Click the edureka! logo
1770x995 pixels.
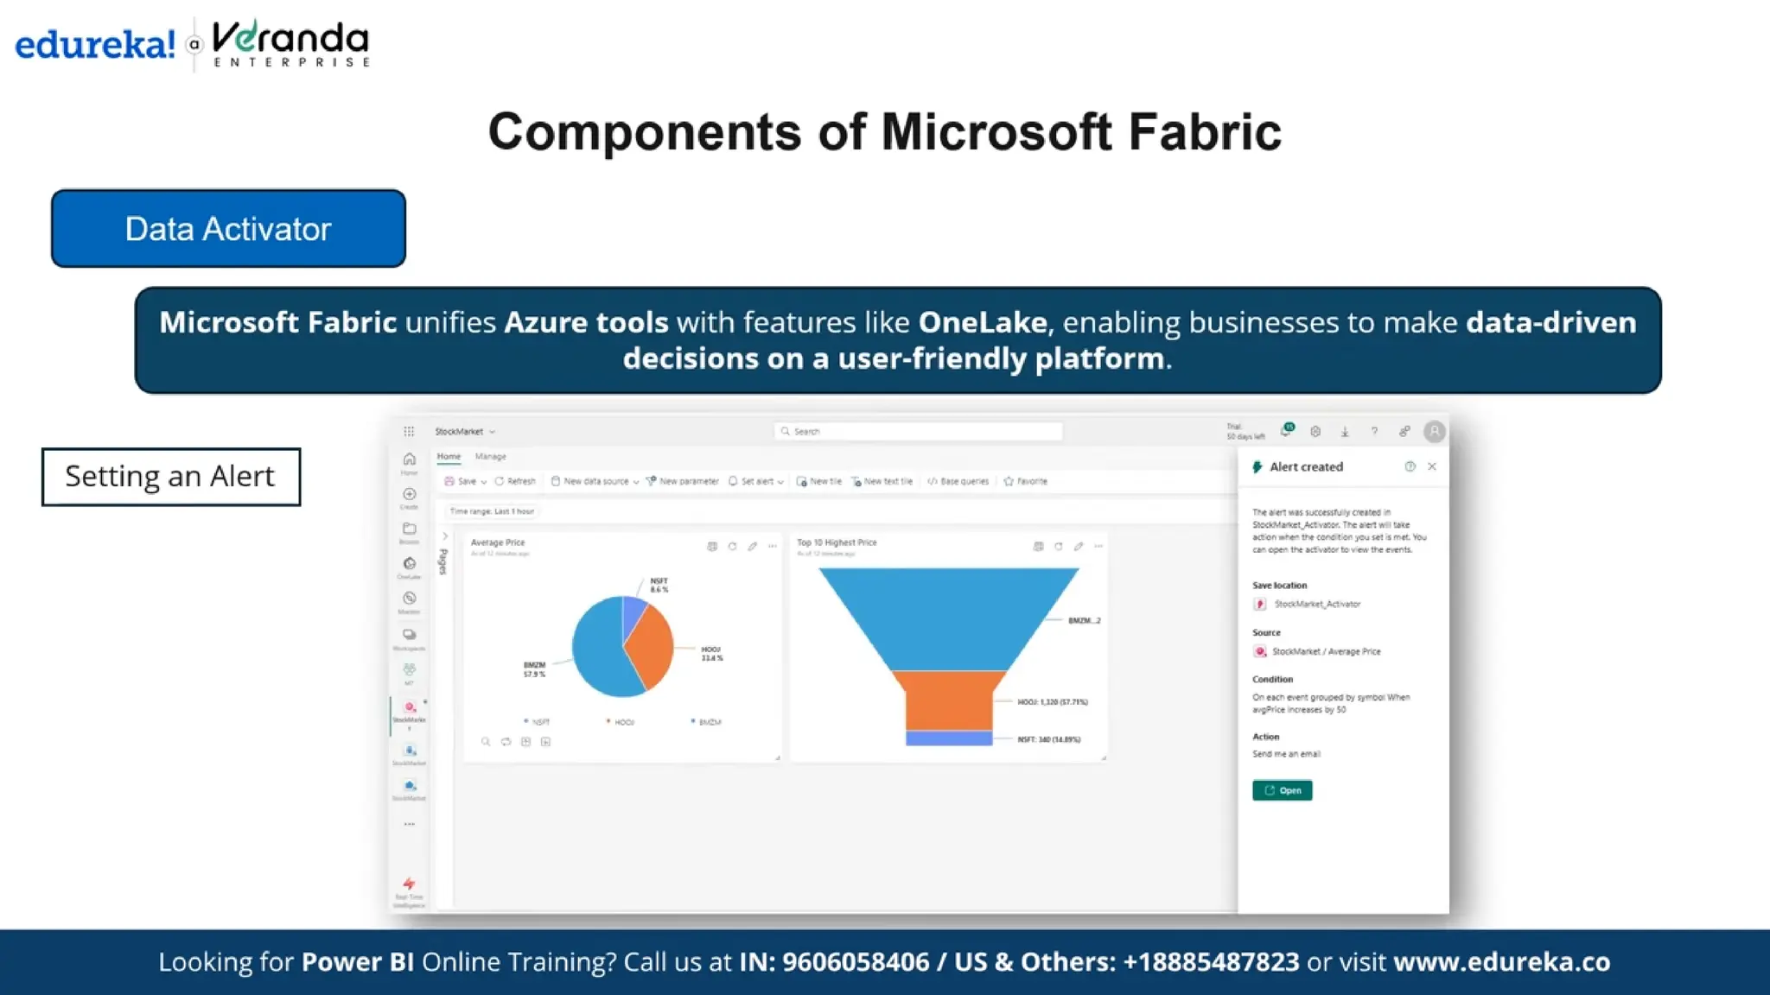pos(95,44)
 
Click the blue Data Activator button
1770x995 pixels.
pos(228,229)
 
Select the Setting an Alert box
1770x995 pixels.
pos(170,477)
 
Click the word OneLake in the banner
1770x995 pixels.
pos(982,322)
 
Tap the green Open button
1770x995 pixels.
pos(1282,790)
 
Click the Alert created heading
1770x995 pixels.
pos(1306,467)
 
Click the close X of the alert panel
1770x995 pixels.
pos(1432,466)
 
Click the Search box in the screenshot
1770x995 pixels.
pos(918,431)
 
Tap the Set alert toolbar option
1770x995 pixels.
pos(756,482)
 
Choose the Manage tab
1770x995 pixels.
pos(490,457)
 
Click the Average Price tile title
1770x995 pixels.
pos(498,543)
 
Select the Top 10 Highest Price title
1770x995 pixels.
pos(837,543)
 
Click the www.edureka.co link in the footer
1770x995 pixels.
pos(1501,962)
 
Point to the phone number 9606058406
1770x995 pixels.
pos(855,962)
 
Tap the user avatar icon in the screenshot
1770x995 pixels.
pos(1434,431)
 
